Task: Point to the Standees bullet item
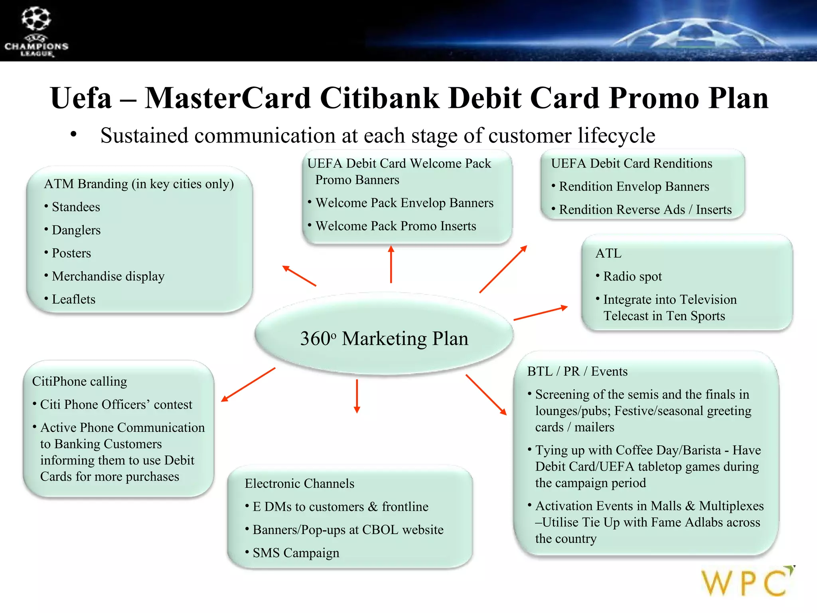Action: pos(76,207)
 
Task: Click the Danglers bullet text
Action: pos(76,230)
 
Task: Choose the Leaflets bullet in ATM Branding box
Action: pos(74,299)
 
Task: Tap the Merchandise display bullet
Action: pos(108,276)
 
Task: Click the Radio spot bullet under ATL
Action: pos(632,276)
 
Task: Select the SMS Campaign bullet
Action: pos(296,553)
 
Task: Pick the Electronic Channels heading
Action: pos(300,483)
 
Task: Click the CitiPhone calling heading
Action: pos(79,381)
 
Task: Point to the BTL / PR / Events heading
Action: pos(577,371)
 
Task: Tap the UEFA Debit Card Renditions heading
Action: pos(631,163)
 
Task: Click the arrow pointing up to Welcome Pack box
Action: pos(391,265)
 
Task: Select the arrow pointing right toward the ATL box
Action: pos(541,313)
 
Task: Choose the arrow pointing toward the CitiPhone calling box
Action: pos(248,384)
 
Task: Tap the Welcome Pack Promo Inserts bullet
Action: pos(396,226)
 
